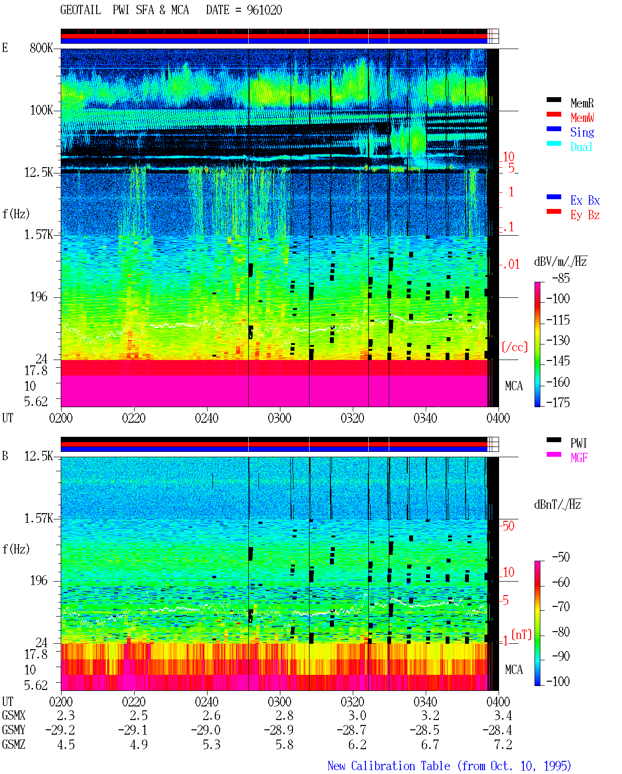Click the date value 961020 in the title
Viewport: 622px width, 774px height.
(264, 10)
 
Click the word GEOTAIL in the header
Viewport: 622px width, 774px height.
(80, 10)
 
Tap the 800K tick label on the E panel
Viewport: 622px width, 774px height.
(41, 48)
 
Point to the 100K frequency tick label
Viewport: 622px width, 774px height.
(41, 110)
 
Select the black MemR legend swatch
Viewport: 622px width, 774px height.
(553, 100)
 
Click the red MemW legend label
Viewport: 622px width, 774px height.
(582, 118)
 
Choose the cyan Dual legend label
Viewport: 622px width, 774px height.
(581, 147)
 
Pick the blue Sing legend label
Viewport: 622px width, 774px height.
(582, 132)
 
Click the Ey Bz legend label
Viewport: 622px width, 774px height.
(585, 215)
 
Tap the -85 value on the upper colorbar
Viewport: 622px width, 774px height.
(561, 278)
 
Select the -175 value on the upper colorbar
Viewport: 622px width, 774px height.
(558, 402)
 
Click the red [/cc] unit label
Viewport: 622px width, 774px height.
(515, 347)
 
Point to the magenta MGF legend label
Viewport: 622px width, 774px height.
(579, 458)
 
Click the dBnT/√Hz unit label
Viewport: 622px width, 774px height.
(557, 504)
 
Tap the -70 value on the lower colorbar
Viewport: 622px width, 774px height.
(561, 606)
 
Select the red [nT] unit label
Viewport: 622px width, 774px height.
(521, 635)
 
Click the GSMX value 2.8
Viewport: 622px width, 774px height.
(284, 715)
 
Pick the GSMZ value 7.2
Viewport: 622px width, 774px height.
(502, 744)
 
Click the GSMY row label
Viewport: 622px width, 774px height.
(14, 730)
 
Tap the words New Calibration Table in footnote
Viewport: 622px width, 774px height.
(389, 766)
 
